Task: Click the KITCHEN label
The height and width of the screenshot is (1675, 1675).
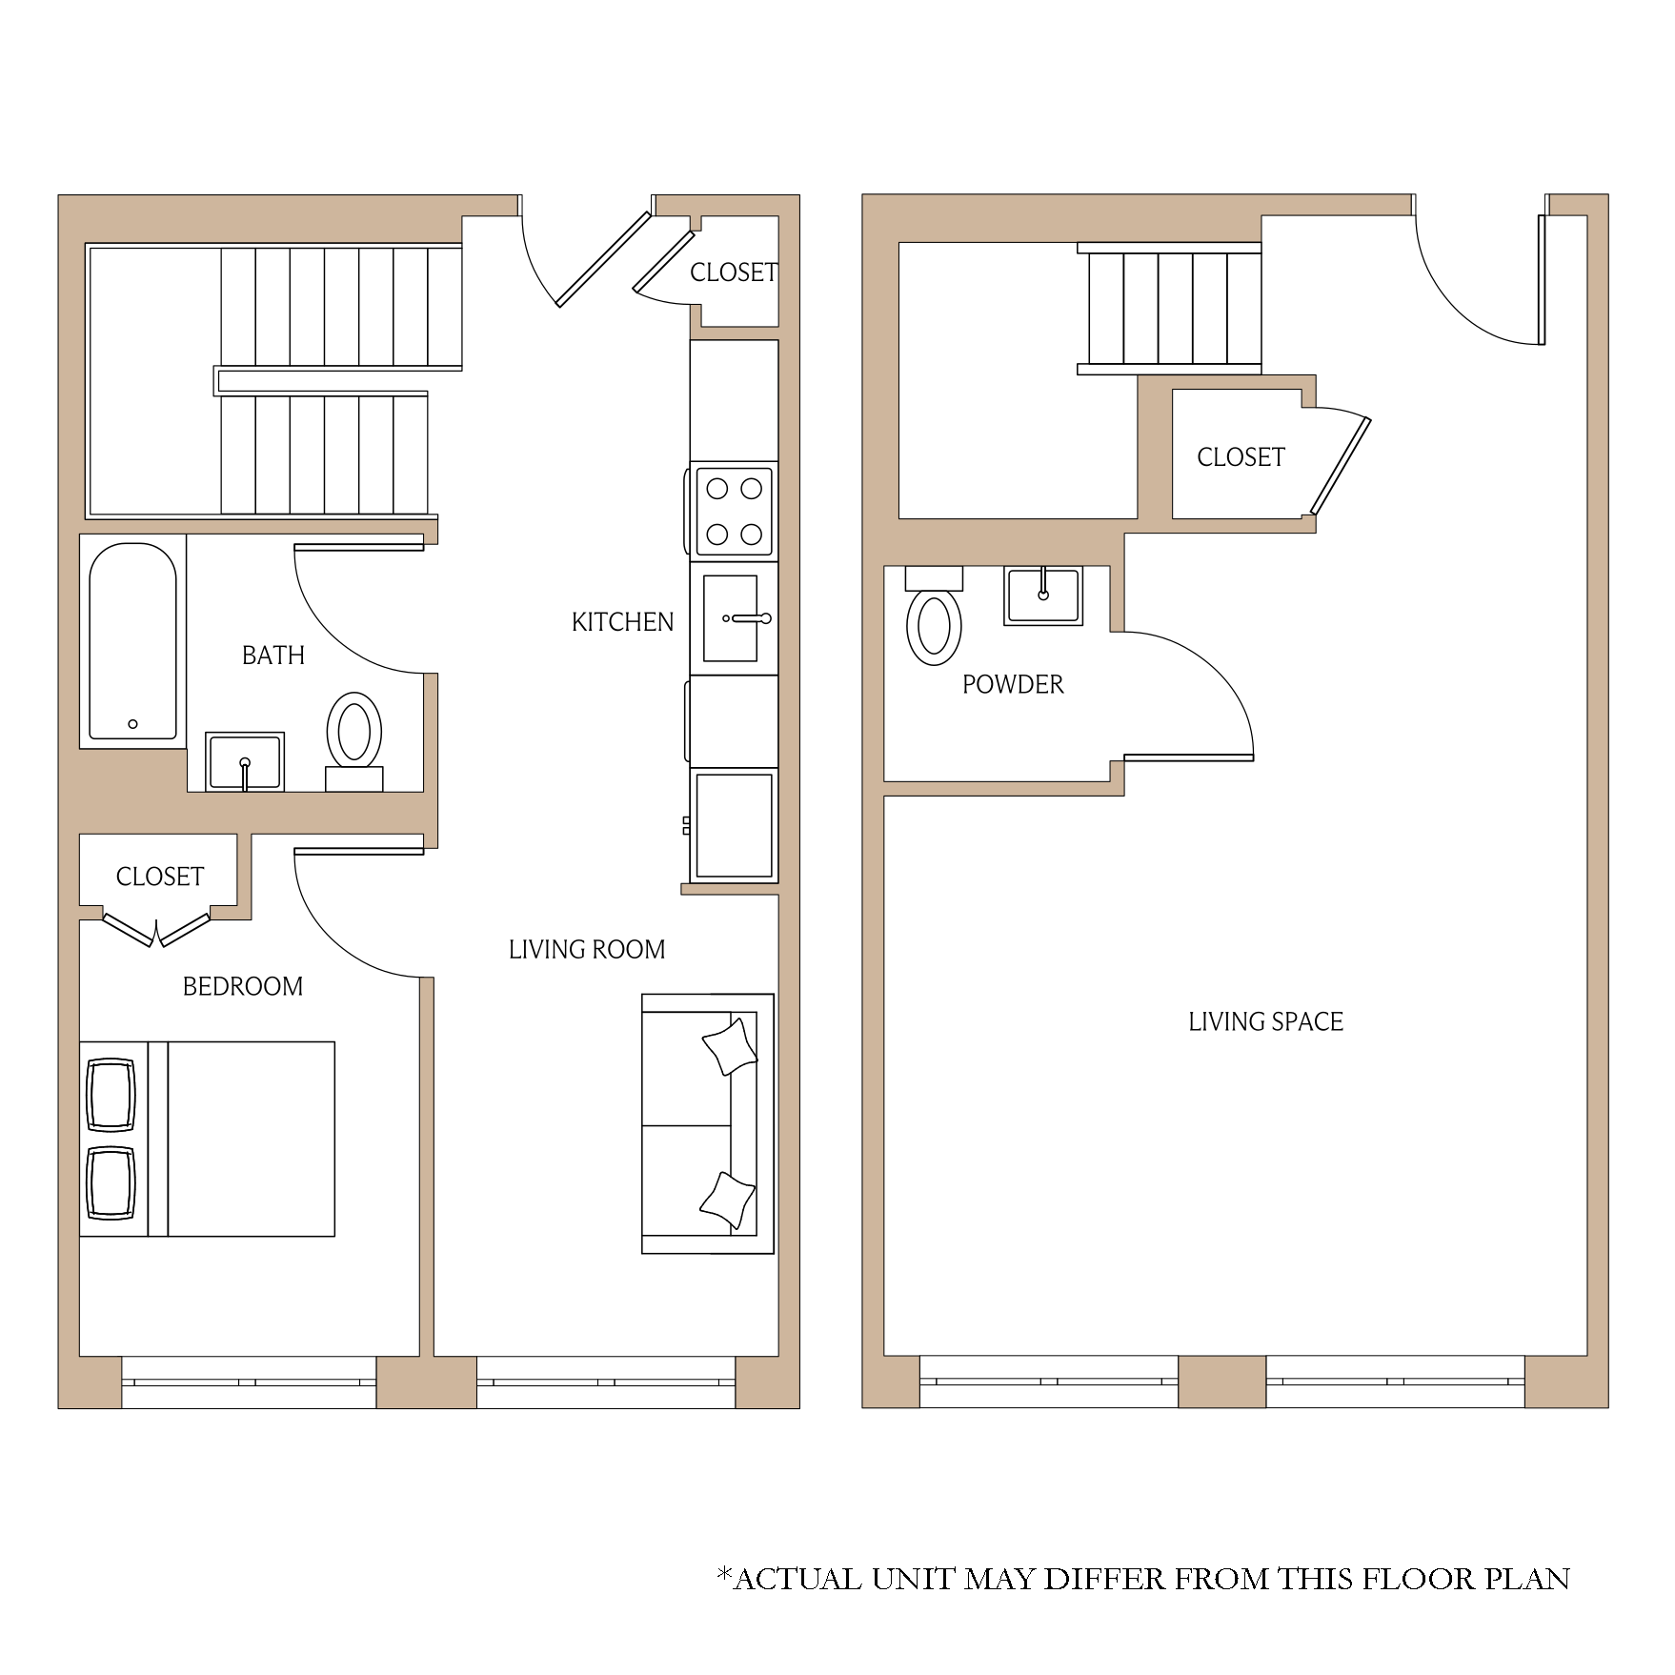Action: tap(622, 622)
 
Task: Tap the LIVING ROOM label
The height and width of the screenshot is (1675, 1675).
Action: tap(587, 950)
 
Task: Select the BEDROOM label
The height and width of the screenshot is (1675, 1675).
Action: tap(243, 986)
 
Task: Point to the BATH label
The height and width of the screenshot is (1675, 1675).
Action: tap(273, 656)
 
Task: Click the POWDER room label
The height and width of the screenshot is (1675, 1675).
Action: tap(1013, 684)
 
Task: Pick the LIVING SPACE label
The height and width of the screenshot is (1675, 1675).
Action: tap(1265, 1021)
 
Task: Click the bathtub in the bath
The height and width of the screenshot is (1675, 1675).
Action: tap(132, 641)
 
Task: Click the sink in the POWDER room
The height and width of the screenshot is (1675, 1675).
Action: tap(1043, 596)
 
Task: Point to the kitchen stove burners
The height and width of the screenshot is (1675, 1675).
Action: tap(735, 512)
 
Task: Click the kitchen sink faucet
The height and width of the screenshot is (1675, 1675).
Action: tap(749, 618)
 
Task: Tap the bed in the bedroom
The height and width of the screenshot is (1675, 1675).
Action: tap(207, 1140)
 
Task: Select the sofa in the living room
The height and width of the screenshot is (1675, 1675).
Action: tap(708, 1124)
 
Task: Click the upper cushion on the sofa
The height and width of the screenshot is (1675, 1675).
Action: tap(730, 1047)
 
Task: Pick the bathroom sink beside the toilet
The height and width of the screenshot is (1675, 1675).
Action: tap(245, 761)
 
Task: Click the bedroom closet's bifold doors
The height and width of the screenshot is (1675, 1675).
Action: tap(156, 930)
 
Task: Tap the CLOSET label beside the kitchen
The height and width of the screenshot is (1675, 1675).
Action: tap(734, 272)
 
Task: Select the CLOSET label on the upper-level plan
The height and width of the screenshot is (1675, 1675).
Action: tap(1241, 457)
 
